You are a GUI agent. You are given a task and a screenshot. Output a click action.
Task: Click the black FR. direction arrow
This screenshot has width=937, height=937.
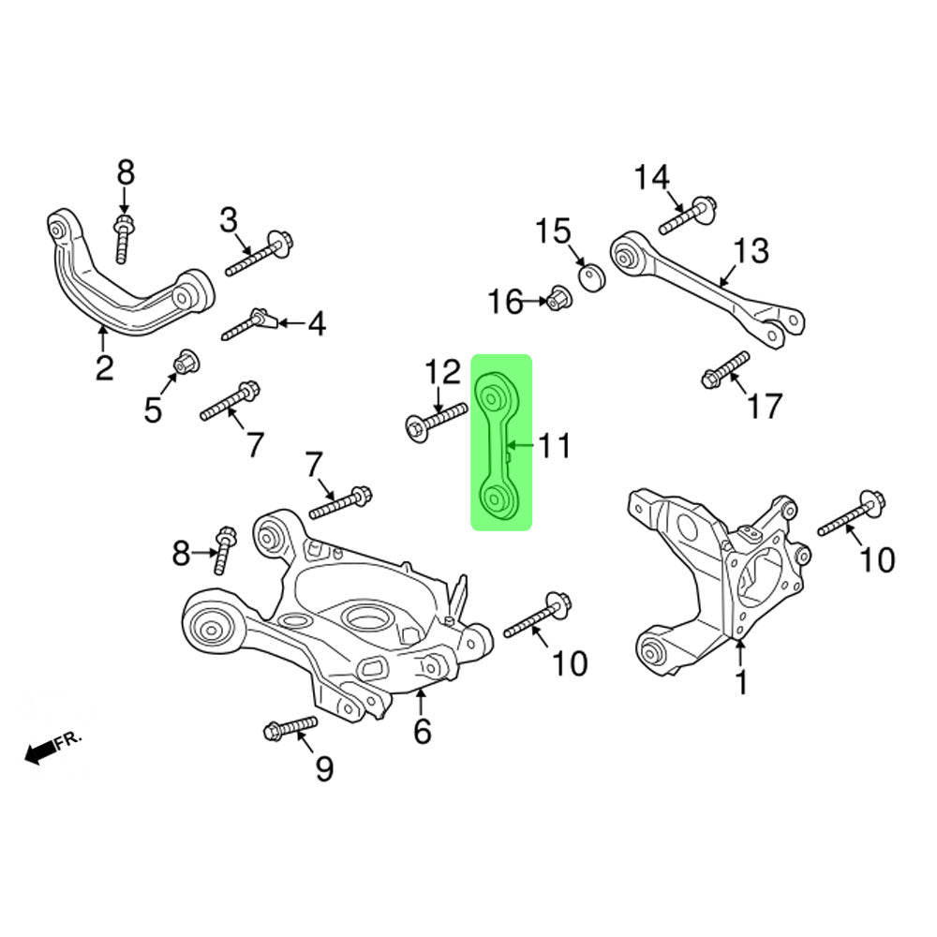(39, 751)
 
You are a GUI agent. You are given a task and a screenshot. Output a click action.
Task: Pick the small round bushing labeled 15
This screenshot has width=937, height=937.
(590, 278)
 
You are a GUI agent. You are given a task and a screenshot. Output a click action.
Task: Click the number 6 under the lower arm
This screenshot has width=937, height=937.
(423, 730)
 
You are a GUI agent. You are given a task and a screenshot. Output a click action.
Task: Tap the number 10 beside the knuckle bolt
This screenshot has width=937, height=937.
(877, 560)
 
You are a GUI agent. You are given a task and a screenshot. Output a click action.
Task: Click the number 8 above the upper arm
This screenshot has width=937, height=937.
(126, 172)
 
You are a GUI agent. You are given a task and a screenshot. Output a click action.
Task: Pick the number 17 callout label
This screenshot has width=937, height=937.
(765, 406)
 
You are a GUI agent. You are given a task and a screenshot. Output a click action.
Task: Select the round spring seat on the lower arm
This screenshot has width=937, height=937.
(364, 618)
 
